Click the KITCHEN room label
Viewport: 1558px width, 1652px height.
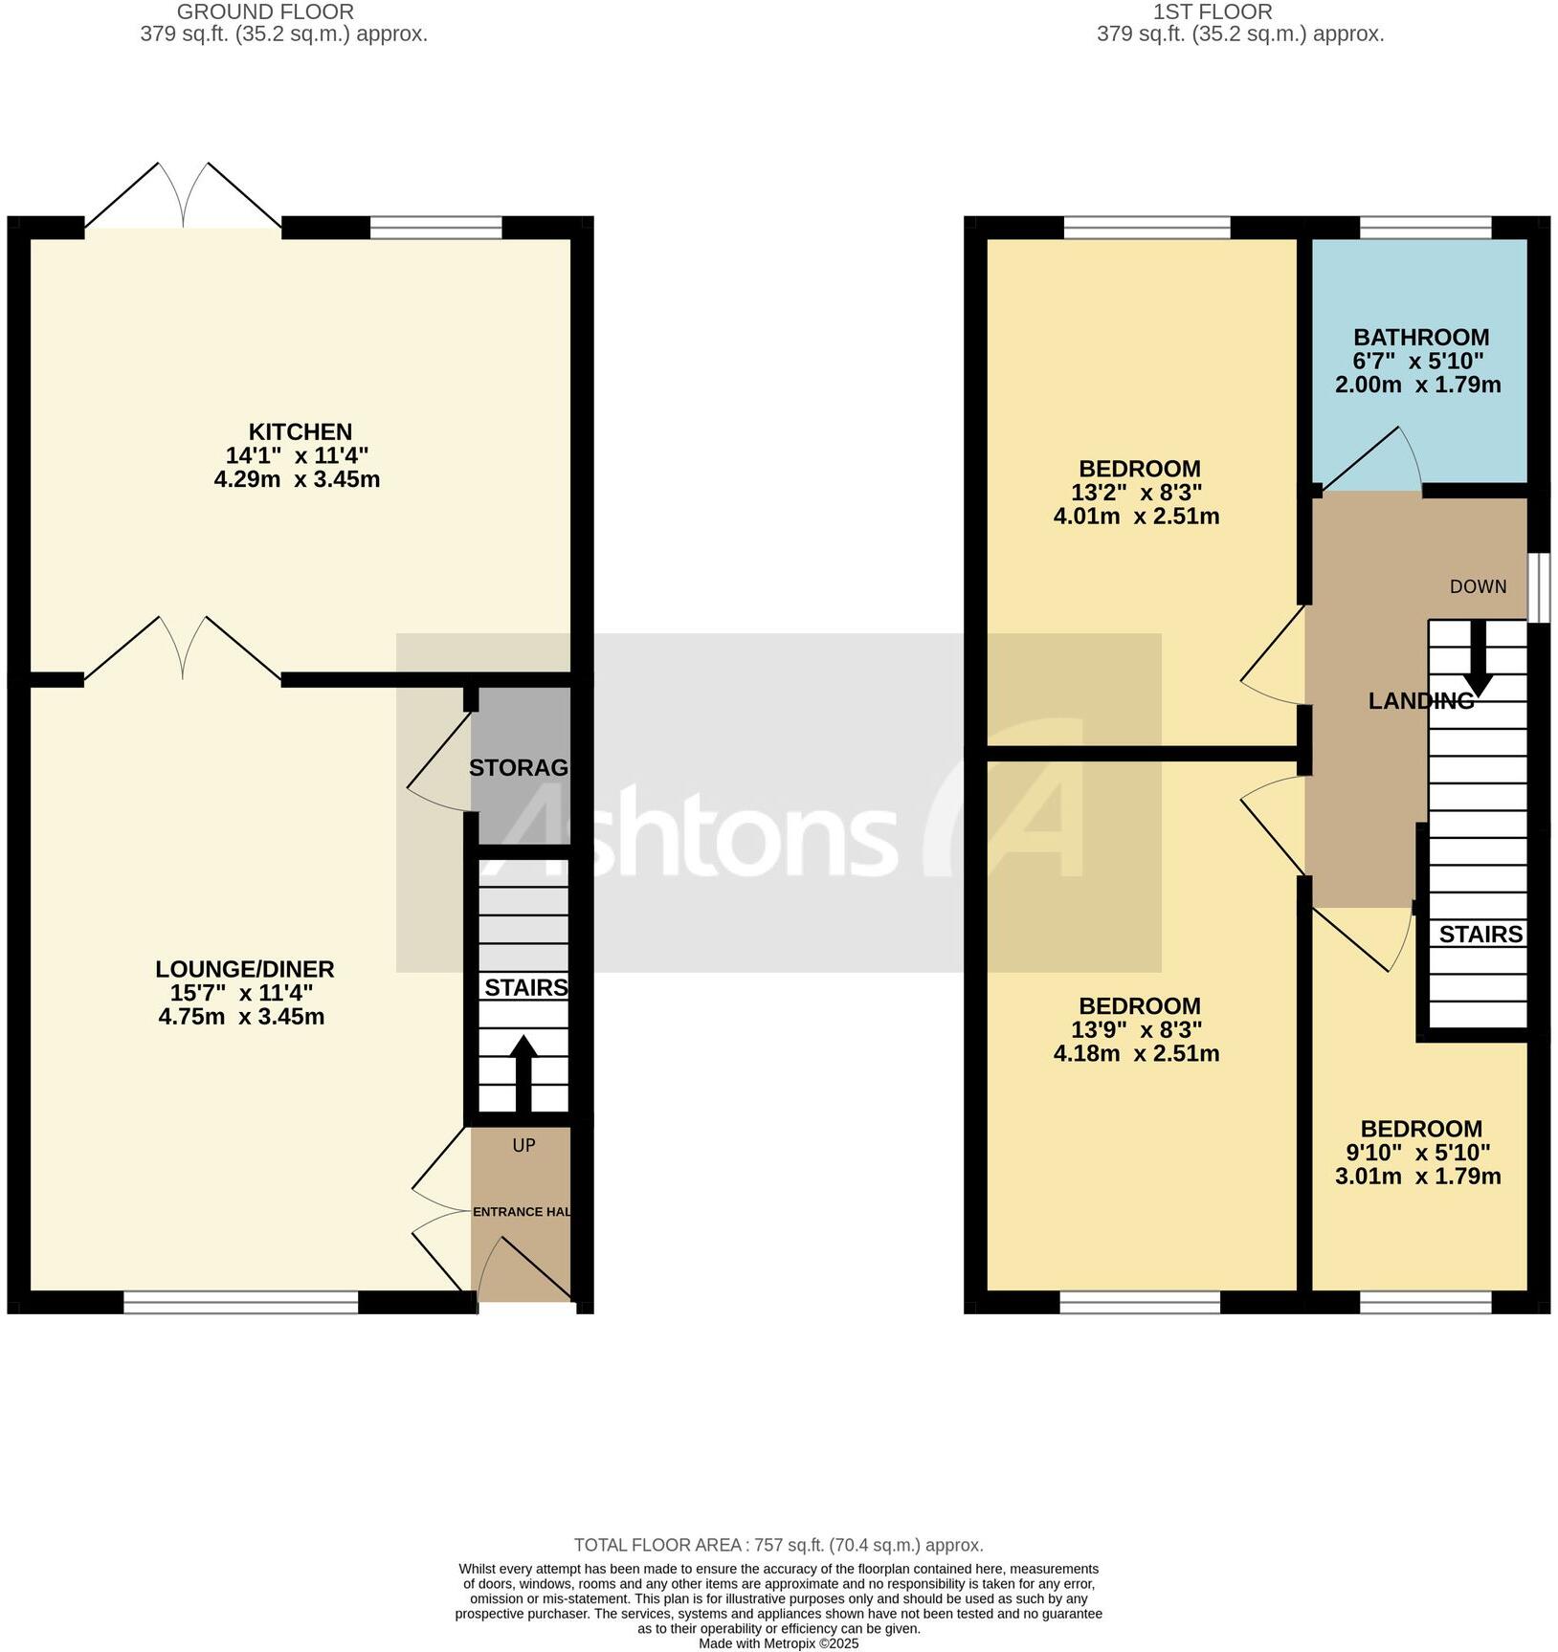[300, 431]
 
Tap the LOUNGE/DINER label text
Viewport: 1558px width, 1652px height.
[244, 969]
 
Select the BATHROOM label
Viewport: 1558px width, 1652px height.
[1420, 338]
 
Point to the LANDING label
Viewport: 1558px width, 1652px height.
[1420, 701]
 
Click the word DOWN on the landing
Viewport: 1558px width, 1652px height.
[1478, 587]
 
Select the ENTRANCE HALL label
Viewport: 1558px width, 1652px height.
[522, 1212]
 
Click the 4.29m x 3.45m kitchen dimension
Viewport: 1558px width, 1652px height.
[297, 479]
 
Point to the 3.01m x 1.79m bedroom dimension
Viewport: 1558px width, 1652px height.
[1417, 1177]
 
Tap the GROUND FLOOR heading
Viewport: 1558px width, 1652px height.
[265, 12]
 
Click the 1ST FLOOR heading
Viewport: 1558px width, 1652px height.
[1212, 12]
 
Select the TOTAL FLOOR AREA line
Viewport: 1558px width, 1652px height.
[778, 1545]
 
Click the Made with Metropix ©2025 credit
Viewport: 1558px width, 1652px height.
[778, 1643]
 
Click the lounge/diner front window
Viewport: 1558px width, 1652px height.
[240, 1301]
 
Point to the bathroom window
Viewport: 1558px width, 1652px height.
[1425, 228]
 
